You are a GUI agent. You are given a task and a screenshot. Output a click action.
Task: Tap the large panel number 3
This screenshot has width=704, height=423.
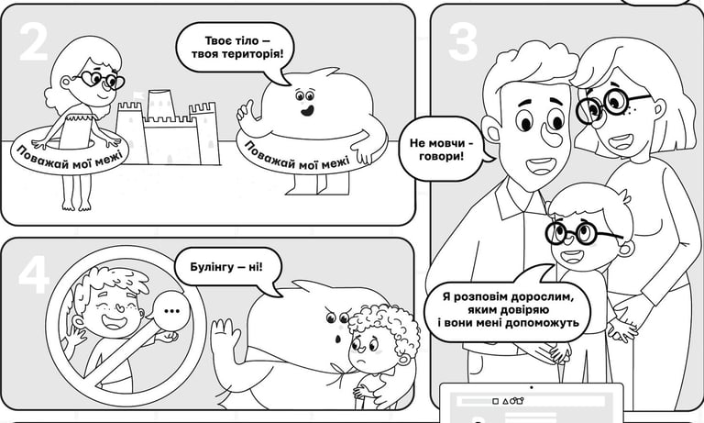[x=462, y=41]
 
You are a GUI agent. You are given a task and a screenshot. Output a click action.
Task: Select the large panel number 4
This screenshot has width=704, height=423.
[x=34, y=274]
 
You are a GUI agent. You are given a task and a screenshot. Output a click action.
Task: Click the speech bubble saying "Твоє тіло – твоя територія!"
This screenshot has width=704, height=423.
[x=236, y=50]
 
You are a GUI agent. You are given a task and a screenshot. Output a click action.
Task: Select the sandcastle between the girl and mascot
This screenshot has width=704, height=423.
[x=168, y=128]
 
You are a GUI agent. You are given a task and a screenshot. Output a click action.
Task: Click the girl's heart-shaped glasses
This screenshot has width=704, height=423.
[x=103, y=80]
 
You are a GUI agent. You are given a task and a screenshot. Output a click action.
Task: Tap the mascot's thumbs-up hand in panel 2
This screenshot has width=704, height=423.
[x=247, y=111]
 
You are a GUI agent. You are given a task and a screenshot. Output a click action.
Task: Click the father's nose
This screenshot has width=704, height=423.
[x=551, y=134]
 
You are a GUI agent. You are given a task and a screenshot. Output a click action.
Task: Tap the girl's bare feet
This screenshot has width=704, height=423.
[x=76, y=206]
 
